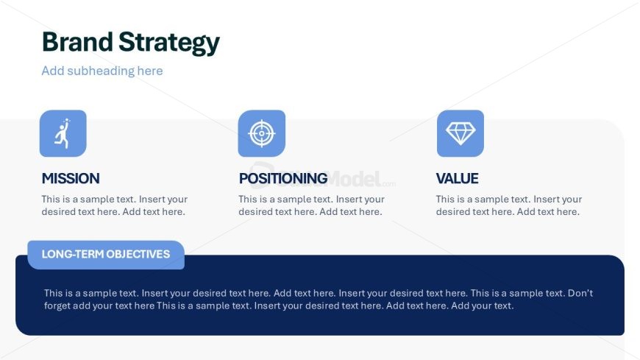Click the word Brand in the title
[77, 42]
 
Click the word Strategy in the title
[169, 43]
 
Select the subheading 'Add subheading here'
[102, 71]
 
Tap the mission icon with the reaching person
[63, 133]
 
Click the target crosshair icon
[262, 133]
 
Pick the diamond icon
[461, 133]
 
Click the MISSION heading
[71, 179]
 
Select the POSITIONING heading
[283, 179]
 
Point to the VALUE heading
[457, 179]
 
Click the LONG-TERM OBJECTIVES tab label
[106, 254]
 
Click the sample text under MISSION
[114, 205]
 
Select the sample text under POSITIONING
[311, 205]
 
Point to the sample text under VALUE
[508, 205]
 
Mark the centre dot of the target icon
[262, 133]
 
